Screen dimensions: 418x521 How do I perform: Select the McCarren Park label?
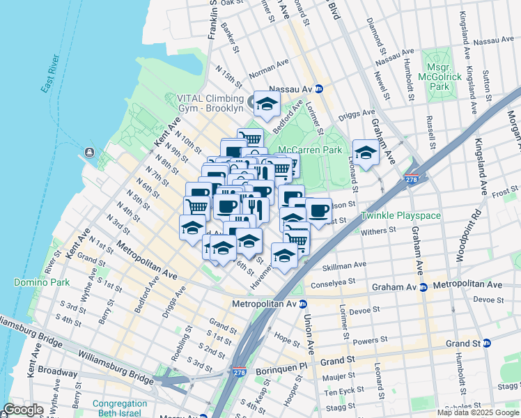[x=310, y=150]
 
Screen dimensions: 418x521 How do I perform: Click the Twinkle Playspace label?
[x=401, y=216]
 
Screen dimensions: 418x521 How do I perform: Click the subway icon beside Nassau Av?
[x=318, y=89]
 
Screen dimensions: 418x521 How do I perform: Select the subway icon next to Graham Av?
[x=423, y=286]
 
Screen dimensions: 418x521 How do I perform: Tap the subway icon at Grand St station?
[x=487, y=343]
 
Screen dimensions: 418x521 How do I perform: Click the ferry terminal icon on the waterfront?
[x=90, y=153]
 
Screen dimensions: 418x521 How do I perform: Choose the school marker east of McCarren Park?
[x=365, y=151]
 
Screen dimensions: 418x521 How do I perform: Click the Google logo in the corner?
[x=23, y=410]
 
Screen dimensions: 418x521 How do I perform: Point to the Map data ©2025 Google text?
[x=477, y=412]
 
